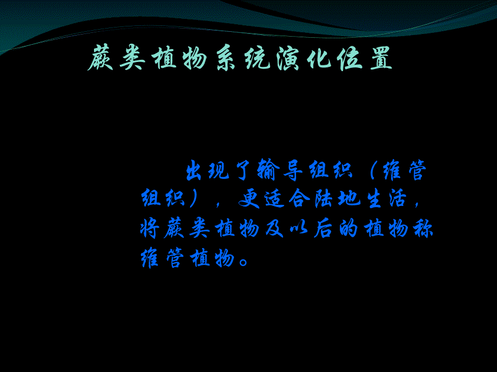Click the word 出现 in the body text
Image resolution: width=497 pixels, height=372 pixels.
(209, 171)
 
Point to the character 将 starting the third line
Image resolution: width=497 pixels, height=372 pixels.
(151, 229)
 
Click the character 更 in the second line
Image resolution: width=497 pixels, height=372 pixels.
(250, 200)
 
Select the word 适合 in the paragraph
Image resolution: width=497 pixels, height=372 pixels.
(288, 200)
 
